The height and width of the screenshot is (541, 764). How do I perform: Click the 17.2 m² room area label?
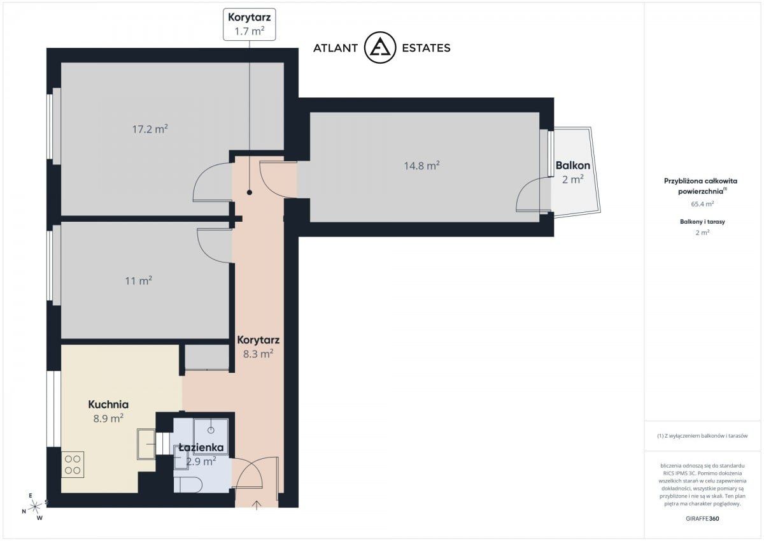click(150, 129)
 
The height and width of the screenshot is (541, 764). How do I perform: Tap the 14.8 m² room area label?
click(421, 166)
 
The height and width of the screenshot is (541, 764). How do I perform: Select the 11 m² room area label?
click(139, 280)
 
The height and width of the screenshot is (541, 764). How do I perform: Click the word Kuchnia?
click(108, 405)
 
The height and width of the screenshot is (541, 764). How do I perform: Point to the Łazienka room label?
click(201, 447)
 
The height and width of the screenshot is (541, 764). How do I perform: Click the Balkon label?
click(572, 166)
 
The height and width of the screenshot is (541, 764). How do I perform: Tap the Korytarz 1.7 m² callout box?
click(250, 25)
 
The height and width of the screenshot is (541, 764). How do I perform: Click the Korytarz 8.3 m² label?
click(258, 347)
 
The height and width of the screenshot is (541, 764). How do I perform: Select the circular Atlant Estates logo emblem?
click(380, 47)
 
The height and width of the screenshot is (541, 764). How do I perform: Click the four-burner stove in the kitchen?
click(73, 465)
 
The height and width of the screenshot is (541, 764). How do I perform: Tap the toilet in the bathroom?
click(188, 485)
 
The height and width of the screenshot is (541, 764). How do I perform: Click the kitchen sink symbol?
click(146, 444)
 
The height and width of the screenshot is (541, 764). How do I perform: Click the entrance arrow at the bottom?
click(257, 505)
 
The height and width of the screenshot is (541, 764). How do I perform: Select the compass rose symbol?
click(35, 507)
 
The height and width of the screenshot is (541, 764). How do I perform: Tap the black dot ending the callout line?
click(250, 192)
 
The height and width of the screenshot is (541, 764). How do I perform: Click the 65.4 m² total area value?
click(702, 204)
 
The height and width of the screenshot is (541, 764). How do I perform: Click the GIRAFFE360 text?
click(702, 519)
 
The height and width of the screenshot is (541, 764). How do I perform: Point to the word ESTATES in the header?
click(426, 48)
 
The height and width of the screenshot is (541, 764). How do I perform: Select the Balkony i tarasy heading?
click(702, 222)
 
